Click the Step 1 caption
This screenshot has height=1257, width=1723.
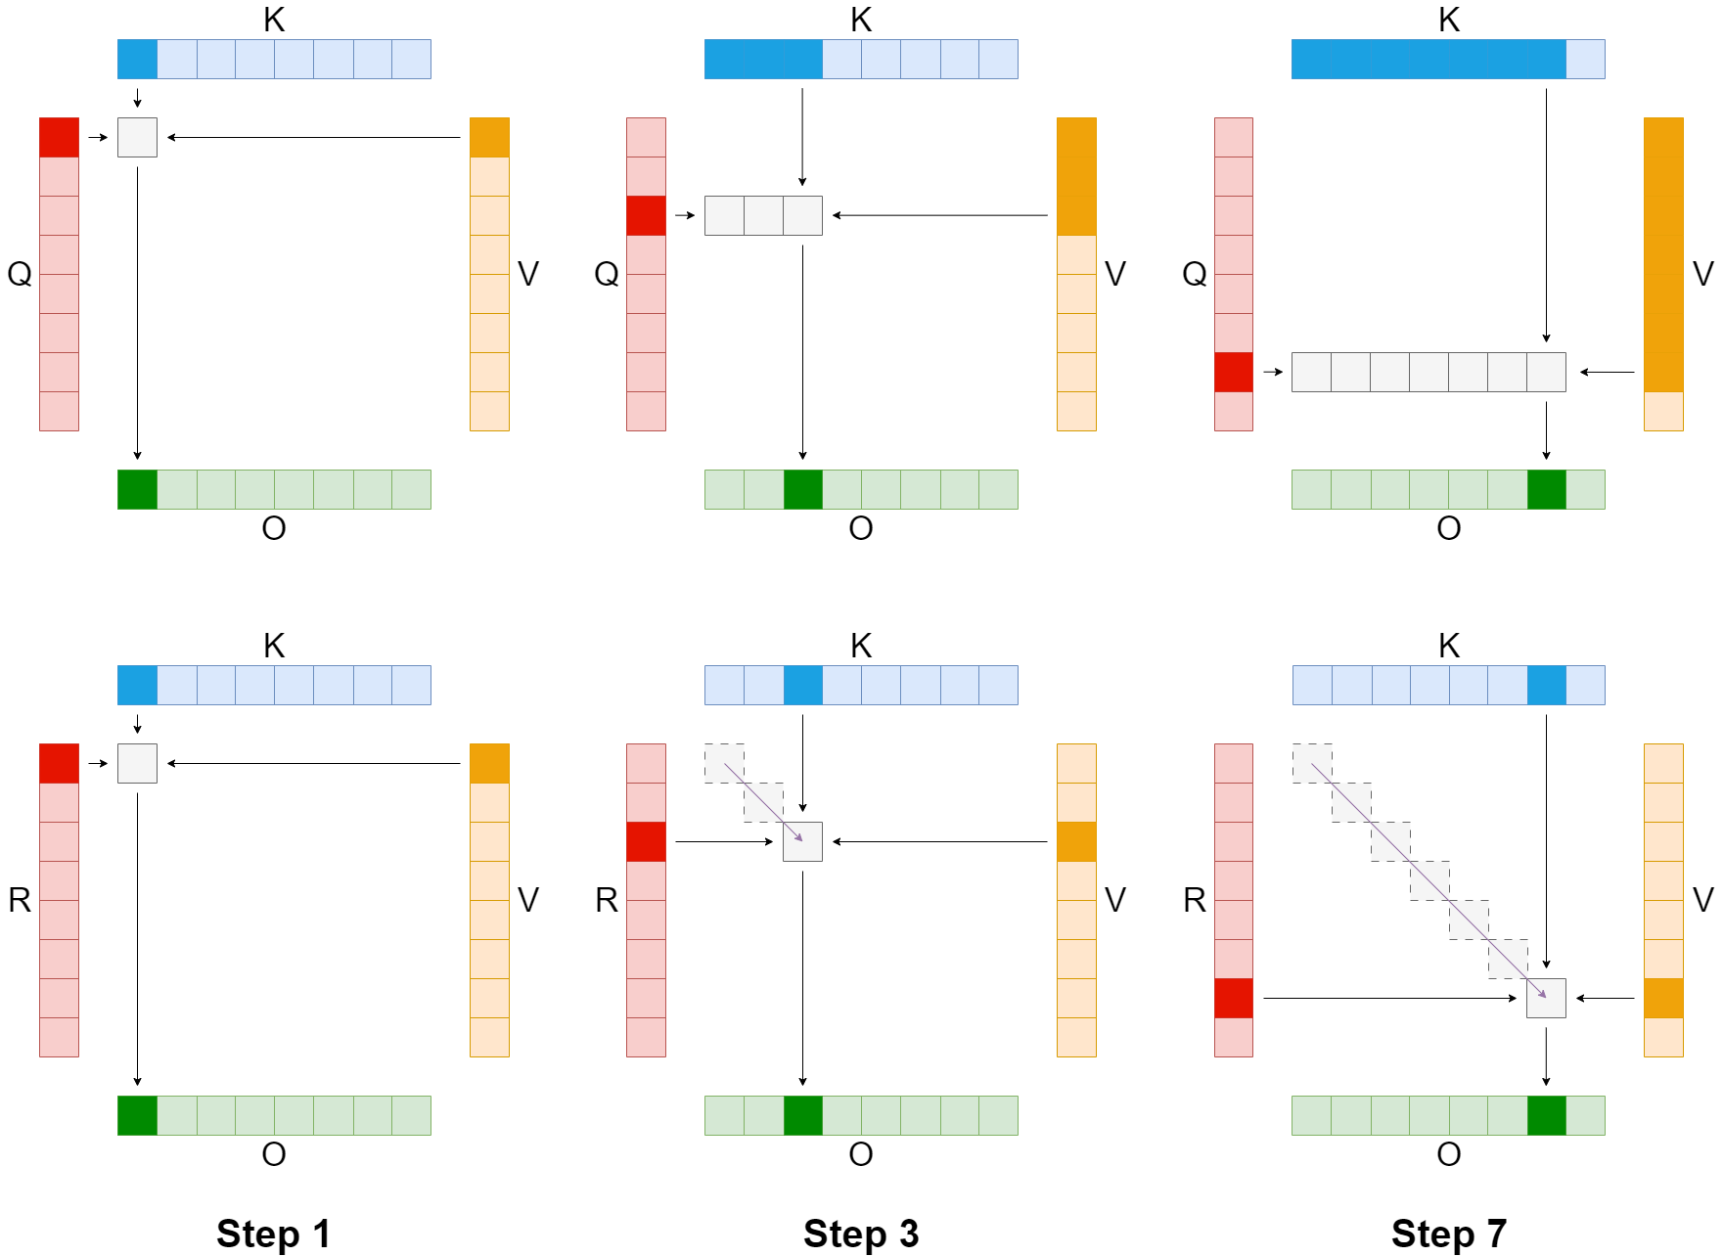point(273,1234)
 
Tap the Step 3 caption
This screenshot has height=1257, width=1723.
point(861,1234)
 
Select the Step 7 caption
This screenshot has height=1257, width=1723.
point(1448,1234)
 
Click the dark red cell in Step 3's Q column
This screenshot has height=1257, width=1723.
point(646,215)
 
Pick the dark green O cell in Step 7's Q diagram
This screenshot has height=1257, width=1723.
point(1546,489)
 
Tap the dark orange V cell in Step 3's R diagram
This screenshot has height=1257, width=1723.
point(1076,841)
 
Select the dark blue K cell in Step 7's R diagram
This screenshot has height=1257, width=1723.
point(1546,685)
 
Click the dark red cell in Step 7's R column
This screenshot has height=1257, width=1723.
point(1233,998)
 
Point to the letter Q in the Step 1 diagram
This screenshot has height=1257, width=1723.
point(20,274)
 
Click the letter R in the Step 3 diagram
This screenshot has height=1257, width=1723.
point(607,900)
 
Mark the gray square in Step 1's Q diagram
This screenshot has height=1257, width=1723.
point(137,137)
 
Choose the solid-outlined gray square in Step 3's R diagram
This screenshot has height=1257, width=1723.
point(802,841)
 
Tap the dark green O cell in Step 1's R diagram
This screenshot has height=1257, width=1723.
point(137,1115)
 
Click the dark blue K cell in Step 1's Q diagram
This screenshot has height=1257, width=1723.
point(137,59)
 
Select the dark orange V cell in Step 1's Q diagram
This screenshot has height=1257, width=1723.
point(489,137)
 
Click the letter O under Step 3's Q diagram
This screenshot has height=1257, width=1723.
point(861,528)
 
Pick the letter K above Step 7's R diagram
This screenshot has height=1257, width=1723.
point(1449,646)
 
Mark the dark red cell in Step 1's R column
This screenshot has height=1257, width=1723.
point(59,763)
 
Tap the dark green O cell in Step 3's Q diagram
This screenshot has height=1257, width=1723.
point(802,489)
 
